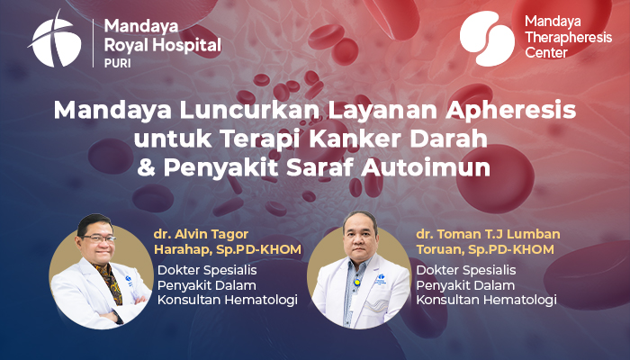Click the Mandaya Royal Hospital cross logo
click(55, 41)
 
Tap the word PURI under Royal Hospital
click(117, 64)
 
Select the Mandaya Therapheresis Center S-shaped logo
click(487, 39)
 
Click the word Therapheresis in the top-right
click(568, 38)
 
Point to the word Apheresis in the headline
click(511, 110)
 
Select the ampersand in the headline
click(146, 168)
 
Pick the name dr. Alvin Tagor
click(201, 234)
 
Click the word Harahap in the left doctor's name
click(183, 249)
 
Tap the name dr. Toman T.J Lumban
click(488, 234)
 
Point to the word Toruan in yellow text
click(439, 249)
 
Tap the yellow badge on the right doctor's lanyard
click(356, 282)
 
